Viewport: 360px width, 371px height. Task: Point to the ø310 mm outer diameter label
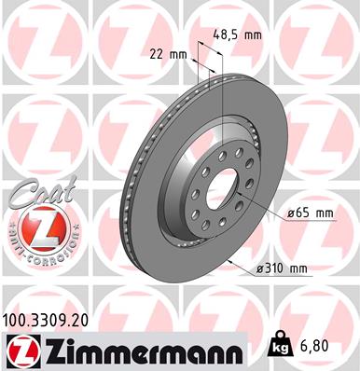(x=282, y=269)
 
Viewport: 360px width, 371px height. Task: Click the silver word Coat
(x=32, y=197)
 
